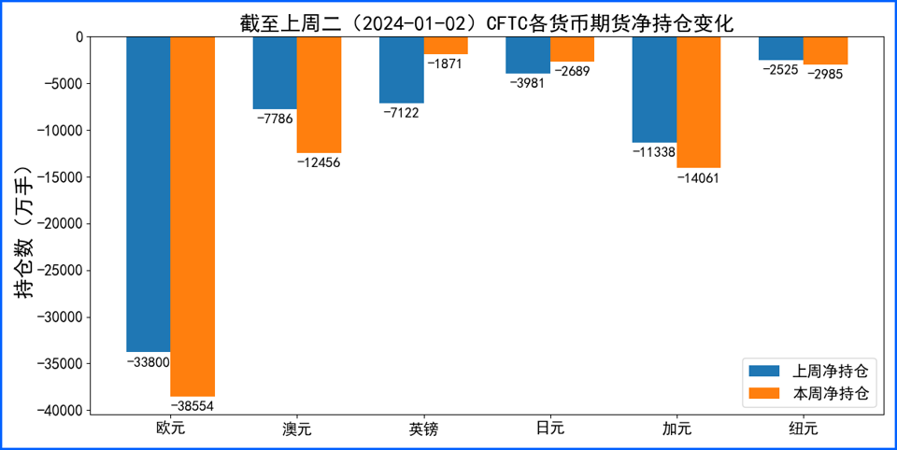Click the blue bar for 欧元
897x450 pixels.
click(149, 194)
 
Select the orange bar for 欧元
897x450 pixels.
click(192, 217)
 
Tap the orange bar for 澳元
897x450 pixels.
click(319, 95)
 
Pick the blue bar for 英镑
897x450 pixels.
click(402, 70)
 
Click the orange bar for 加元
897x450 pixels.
click(698, 103)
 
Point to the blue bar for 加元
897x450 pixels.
click(654, 90)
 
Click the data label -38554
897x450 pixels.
click(192, 407)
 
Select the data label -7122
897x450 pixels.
click(402, 113)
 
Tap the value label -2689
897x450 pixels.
click(572, 72)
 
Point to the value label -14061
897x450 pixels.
click(698, 177)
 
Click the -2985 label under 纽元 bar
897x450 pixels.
click(825, 75)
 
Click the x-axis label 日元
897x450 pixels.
click(550, 429)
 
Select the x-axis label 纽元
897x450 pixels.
click(804, 429)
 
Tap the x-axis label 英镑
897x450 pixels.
click(423, 429)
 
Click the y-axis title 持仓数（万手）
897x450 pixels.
click(24, 232)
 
